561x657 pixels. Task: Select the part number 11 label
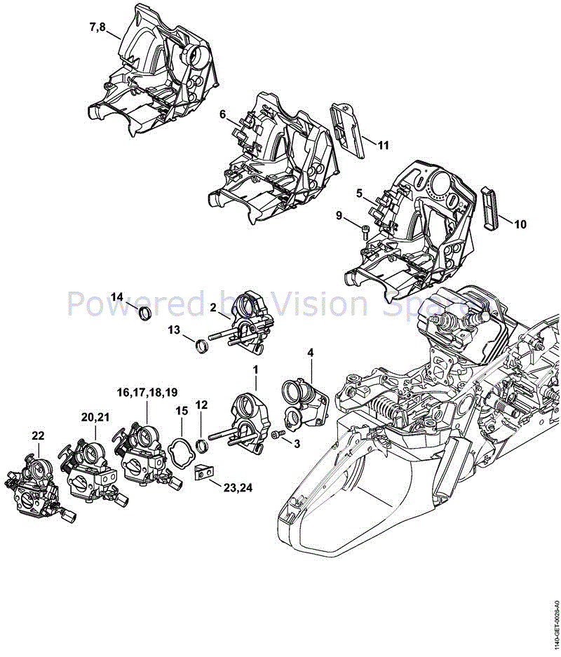click(383, 145)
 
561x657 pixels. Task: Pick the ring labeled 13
click(201, 345)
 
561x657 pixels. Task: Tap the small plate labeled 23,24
click(203, 475)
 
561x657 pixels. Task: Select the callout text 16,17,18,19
click(147, 391)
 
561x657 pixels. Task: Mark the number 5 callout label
click(358, 192)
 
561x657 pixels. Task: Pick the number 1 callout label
click(256, 368)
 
